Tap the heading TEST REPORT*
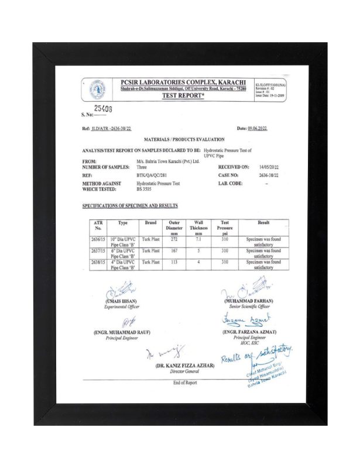183,95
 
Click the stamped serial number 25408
104,109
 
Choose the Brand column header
152,223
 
